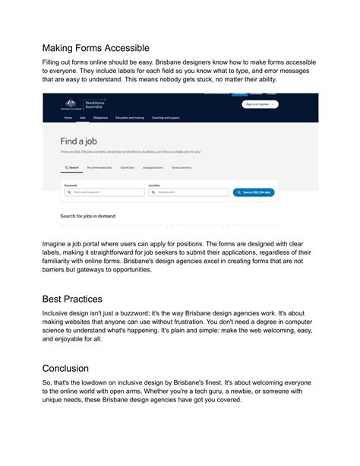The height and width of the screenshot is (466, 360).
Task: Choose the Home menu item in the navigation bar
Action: click(68, 119)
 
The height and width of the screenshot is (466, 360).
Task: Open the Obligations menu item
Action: click(100, 119)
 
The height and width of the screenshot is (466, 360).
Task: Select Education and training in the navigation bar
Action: click(129, 119)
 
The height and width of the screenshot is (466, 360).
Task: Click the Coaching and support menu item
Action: click(166, 119)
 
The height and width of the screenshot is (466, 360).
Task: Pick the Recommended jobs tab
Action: click(100, 167)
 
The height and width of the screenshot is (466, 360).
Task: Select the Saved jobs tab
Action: click(128, 167)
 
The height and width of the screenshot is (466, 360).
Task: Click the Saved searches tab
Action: click(182, 167)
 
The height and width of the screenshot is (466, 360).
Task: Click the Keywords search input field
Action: click(105, 192)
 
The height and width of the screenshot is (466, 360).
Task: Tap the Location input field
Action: click(188, 192)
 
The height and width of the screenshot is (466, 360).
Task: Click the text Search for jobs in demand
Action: click(87, 216)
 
